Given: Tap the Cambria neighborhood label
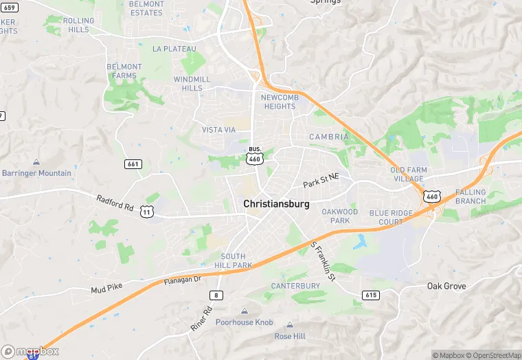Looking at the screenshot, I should point(329,137).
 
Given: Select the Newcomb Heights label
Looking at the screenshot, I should point(278,102).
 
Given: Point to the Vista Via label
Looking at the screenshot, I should point(218,130).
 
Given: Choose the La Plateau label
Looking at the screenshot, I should point(174,49).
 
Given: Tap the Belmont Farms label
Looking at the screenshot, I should point(124,71).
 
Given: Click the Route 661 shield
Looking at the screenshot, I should point(133,164).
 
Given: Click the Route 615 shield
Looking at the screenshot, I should point(370,295).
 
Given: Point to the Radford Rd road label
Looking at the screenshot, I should point(115,204).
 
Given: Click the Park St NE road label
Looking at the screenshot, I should point(321,181).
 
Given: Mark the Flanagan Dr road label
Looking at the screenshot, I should point(182,280).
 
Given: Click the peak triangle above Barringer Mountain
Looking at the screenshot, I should point(36,162).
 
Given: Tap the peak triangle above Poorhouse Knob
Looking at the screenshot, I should point(245,311).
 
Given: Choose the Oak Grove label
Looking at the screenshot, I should point(446,286).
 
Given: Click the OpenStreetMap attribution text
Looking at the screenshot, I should point(493,355).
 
